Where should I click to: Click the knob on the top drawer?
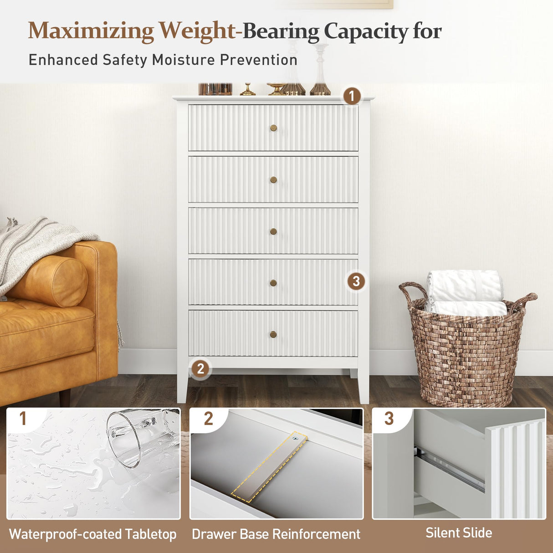273,128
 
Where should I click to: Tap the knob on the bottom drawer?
273,335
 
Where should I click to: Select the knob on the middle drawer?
273,231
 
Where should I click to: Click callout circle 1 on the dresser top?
351,96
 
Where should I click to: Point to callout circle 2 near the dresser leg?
200,369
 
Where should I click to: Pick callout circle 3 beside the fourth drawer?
356,281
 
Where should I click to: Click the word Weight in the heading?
197,31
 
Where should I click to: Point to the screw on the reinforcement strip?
295,439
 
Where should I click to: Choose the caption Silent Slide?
459,533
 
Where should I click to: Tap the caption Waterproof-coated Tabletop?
93,534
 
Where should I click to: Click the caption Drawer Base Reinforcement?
276,534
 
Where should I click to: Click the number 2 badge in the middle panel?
208,419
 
